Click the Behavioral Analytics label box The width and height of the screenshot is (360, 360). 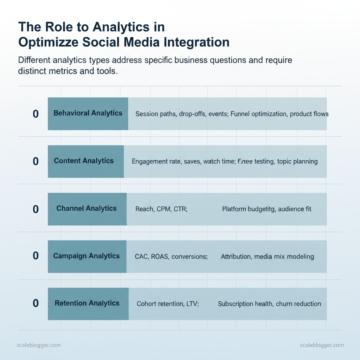tap(88, 114)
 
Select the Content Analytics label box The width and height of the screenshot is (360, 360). tap(86, 161)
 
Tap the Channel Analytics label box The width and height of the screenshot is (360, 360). tap(87, 209)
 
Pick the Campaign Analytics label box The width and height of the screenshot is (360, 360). tap(87, 256)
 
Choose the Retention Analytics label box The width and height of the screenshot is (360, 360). tap(88, 303)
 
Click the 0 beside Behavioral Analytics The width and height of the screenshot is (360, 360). tap(36, 114)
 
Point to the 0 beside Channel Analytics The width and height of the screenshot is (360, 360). tap(36, 209)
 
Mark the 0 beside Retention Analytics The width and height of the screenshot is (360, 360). tap(36, 304)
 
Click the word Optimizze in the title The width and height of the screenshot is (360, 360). tap(46, 42)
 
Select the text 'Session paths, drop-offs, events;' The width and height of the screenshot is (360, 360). tap(182, 114)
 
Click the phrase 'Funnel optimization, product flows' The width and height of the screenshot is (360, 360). tap(279, 114)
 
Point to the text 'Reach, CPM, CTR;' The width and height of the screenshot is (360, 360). tap(161, 209)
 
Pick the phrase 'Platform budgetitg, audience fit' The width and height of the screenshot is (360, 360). tap(266, 209)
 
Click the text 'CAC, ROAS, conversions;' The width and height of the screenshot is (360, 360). tap(171, 257)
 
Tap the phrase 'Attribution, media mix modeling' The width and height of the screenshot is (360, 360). tap(267, 257)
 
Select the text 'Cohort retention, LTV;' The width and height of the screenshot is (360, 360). tap(168, 304)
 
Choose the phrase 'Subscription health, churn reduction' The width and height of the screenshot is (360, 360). tap(269, 304)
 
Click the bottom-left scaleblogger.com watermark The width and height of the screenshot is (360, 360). tap(39, 345)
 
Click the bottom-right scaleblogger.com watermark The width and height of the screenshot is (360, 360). tap(322, 345)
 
